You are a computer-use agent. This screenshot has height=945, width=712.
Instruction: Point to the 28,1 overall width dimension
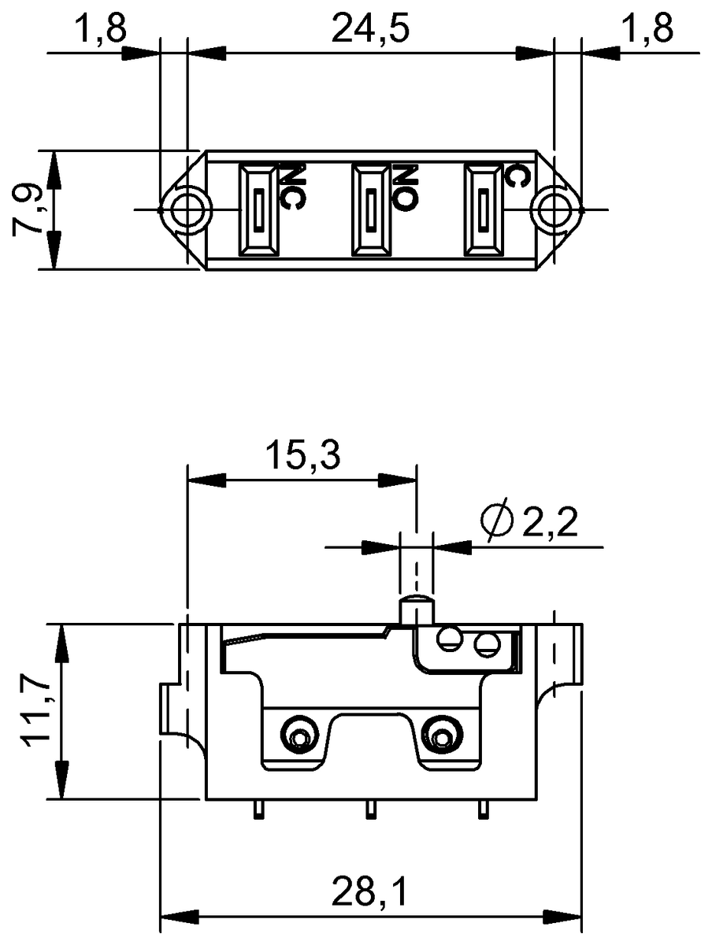369,892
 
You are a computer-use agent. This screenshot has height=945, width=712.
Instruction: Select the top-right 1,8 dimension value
647,29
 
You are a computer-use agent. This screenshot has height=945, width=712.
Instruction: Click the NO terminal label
404,187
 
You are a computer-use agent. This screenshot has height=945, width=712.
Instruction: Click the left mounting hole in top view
186,209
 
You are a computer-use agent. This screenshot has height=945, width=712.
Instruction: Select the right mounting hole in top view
556,209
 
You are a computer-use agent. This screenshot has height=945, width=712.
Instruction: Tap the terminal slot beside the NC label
259,209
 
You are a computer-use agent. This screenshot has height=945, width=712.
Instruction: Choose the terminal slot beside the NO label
370,209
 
